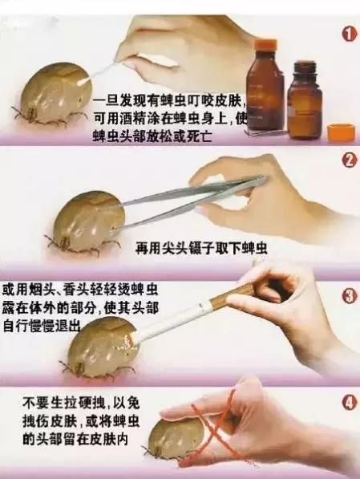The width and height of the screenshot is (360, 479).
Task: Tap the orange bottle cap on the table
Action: [341, 132]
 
